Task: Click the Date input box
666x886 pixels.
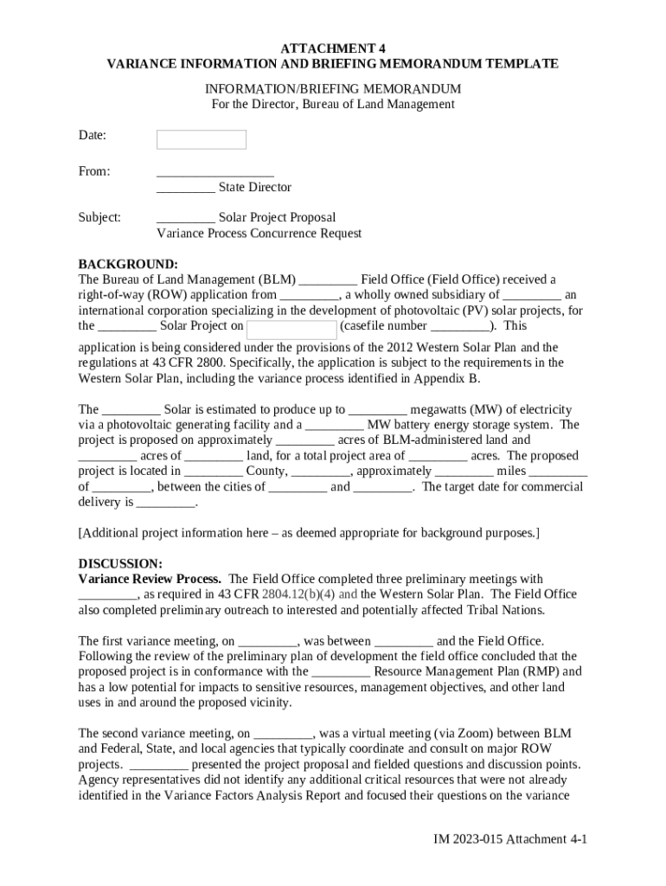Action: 201,139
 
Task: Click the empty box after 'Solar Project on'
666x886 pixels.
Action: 291,329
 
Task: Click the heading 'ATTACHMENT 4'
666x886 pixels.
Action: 332,48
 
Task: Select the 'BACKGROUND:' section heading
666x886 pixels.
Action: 128,264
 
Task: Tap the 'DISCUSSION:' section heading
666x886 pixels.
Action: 120,563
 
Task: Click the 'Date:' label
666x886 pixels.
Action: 93,135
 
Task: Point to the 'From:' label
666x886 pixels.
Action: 94,171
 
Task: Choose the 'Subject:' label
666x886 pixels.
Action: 99,217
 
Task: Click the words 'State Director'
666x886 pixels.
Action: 254,187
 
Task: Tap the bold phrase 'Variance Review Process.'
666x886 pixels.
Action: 150,579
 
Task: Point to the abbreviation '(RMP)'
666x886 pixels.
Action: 541,671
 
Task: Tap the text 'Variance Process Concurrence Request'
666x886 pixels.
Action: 259,233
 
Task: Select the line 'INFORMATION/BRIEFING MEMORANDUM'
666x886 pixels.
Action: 332,89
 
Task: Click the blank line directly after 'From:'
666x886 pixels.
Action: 215,171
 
